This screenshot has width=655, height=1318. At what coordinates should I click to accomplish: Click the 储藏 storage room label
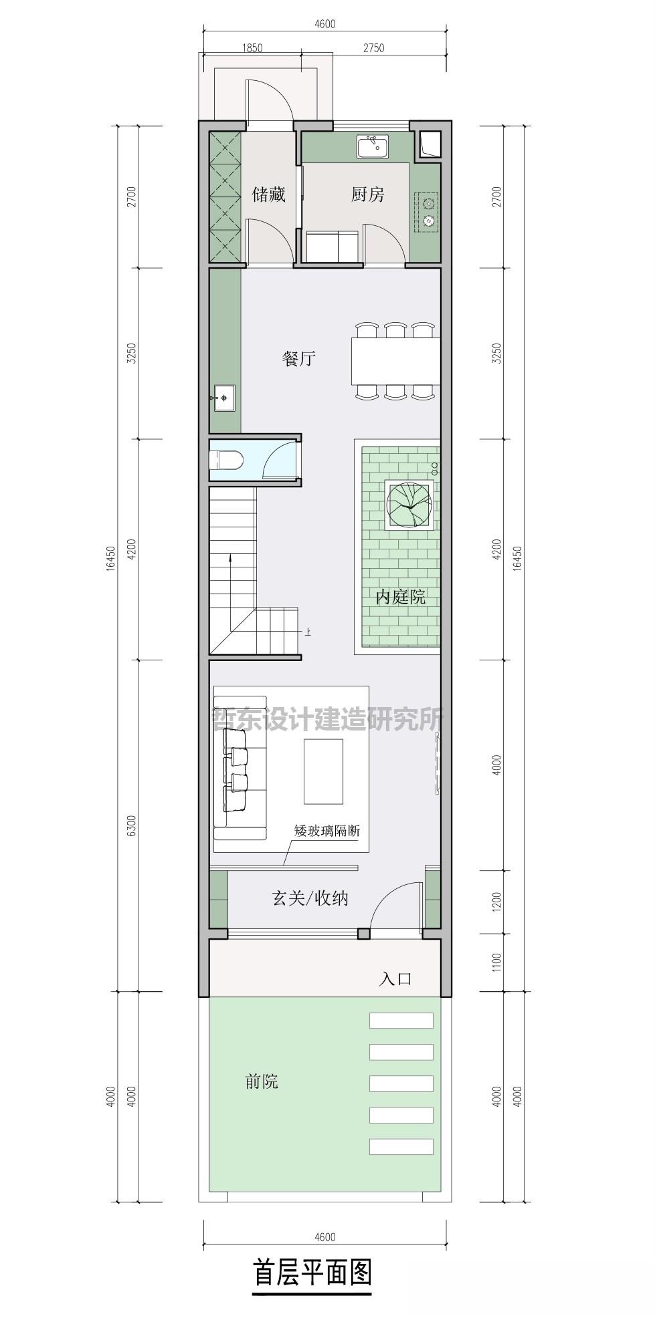268,194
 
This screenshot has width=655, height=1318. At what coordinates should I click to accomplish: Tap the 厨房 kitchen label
368,194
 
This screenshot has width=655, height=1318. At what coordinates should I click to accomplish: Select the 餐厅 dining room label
298,359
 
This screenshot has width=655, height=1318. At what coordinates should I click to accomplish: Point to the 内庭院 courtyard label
400,596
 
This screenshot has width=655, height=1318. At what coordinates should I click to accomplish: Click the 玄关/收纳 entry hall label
310,898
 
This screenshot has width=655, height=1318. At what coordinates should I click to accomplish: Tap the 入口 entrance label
395,979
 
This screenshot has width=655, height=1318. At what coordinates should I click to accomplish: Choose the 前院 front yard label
262,1081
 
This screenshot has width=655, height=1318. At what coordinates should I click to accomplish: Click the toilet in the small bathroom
225,460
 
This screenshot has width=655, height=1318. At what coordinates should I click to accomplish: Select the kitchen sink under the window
373,146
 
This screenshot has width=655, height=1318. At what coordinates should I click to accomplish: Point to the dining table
395,362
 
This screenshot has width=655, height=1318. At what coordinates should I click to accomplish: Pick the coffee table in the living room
323,771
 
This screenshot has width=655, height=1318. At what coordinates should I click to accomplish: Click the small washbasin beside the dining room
223,398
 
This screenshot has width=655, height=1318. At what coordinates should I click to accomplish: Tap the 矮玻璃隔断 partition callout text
327,831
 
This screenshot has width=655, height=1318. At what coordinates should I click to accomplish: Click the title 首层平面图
312,1273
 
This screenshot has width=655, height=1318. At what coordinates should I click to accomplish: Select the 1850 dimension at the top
252,48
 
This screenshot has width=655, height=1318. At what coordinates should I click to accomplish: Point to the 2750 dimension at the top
373,48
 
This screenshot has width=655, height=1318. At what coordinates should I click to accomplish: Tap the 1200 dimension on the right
496,902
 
